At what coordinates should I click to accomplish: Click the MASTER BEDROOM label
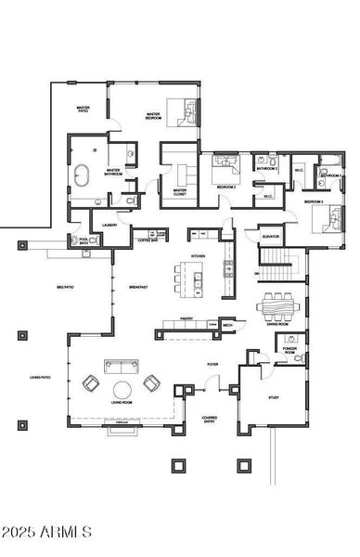(x=154, y=116)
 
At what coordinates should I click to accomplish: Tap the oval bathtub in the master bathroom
(x=82, y=174)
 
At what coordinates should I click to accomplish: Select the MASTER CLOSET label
(x=180, y=193)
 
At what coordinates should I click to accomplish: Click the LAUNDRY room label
(x=109, y=224)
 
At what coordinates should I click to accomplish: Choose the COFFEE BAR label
(x=150, y=240)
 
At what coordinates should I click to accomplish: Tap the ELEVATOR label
(x=270, y=237)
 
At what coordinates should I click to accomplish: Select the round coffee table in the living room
(x=122, y=389)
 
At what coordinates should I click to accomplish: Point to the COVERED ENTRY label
(x=211, y=420)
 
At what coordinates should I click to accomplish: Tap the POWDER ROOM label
(x=289, y=353)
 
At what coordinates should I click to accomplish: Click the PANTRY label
(x=186, y=318)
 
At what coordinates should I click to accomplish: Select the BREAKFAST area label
(x=139, y=287)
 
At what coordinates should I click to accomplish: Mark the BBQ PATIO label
(x=65, y=287)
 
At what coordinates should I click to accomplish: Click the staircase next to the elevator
(x=281, y=271)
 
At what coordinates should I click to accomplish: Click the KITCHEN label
(x=198, y=255)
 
